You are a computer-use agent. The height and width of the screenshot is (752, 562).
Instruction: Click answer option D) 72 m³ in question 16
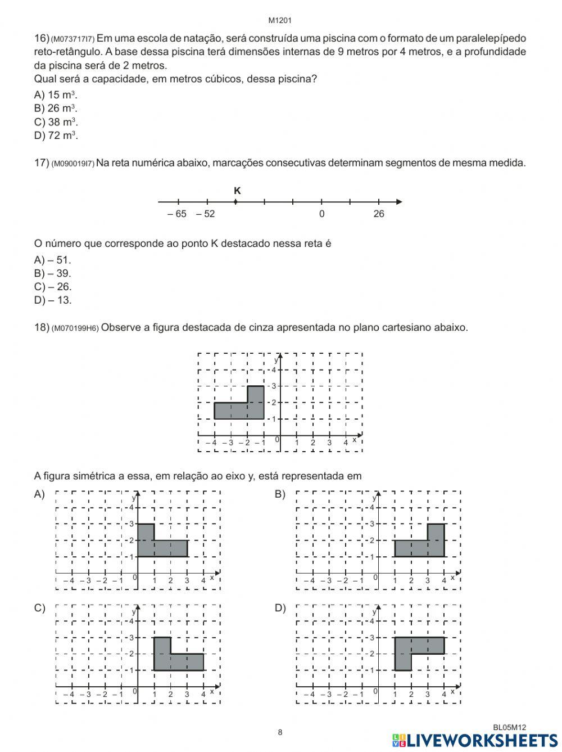click(56, 136)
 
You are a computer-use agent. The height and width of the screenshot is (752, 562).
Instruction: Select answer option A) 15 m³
click(56, 94)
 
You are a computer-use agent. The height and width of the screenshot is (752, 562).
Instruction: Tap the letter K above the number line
click(237, 191)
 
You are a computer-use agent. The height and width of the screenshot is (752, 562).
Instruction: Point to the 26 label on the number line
click(379, 214)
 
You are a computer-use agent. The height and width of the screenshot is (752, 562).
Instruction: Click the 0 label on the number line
click(321, 214)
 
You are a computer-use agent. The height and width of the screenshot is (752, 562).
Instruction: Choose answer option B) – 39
click(53, 273)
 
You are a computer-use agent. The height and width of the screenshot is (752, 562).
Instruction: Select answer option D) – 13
click(53, 300)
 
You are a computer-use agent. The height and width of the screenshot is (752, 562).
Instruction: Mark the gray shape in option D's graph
click(419, 646)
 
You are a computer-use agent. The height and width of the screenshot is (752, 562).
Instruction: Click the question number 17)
click(42, 163)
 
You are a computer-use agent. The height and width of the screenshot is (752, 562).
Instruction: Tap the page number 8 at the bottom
click(280, 732)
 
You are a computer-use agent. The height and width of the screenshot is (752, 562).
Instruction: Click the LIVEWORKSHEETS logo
click(475, 740)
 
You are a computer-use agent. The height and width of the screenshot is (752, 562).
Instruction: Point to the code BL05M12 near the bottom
click(509, 727)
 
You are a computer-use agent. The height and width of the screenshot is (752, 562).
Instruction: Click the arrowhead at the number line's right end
click(399, 201)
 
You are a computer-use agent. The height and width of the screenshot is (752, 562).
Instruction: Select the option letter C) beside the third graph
click(39, 608)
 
